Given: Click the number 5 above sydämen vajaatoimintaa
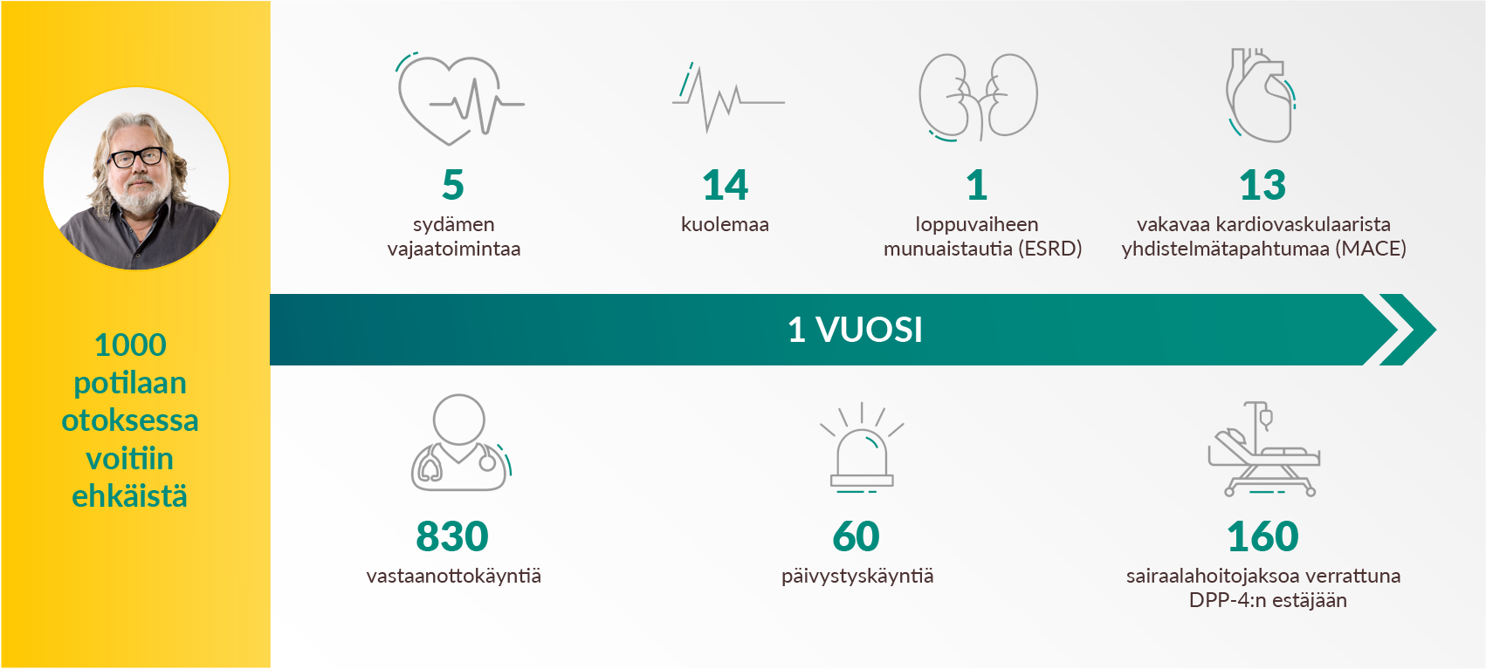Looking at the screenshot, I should pos(452,185).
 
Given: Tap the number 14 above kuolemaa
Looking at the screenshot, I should pos(725,185).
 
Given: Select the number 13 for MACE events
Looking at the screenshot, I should pos(1262,185).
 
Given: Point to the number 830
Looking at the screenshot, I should pos(452,536).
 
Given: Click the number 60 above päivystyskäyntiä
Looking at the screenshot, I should pos(857,536).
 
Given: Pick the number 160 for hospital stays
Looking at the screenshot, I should pos(1262,536).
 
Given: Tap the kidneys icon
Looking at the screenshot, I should pos(978,97).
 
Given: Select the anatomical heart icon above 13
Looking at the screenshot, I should pos(1261,97).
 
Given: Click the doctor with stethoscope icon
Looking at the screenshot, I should pos(459,443).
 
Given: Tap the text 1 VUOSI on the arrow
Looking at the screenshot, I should pos(855,330).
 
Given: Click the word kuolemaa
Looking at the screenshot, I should pos(725,225).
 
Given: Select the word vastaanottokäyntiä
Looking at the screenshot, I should pos(453,577).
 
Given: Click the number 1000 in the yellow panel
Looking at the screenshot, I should pos(130,345).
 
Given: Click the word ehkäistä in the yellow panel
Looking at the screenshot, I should pos(129,497).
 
